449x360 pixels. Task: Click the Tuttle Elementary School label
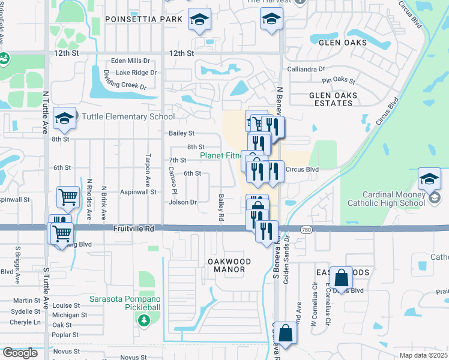[128, 117]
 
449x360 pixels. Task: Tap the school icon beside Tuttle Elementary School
[64, 118]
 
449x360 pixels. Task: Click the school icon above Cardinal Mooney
[430, 179]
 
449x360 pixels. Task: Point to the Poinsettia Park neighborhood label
[143, 19]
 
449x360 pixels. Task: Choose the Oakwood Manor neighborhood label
[226, 265]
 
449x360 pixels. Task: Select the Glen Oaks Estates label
[333, 99]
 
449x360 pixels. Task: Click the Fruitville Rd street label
[134, 229]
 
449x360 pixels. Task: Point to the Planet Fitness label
[220, 156]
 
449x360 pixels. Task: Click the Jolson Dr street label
[183, 202]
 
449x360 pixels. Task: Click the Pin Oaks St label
[339, 80]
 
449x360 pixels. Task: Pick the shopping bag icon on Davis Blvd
[341, 278]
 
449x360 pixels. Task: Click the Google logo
[20, 353]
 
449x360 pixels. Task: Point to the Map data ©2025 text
[424, 355]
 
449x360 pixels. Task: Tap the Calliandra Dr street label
[306, 69]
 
